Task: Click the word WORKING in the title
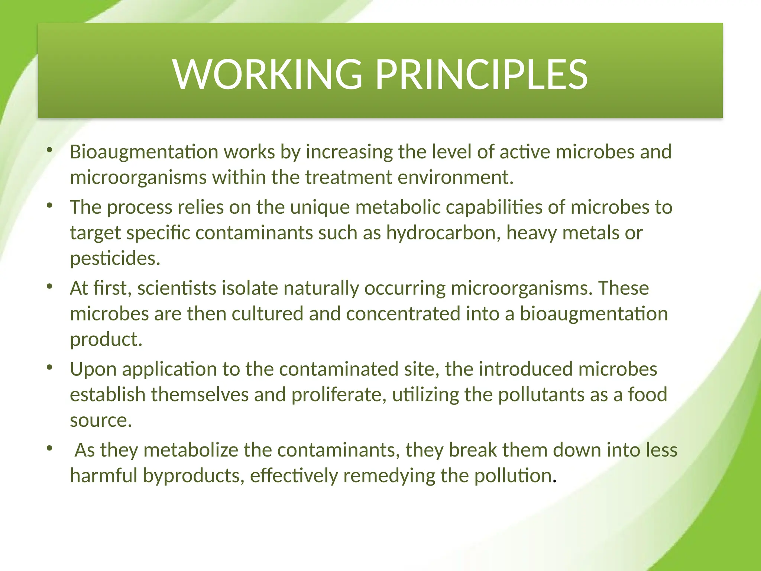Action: point(267,75)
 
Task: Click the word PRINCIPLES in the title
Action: point(481,75)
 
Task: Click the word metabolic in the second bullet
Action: point(398,207)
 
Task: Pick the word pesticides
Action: point(115,258)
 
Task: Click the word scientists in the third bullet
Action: point(177,288)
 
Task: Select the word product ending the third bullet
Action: point(106,339)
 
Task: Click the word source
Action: point(101,420)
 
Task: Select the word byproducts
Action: point(193,476)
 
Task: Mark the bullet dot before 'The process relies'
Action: point(50,206)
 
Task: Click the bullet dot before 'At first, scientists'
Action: point(50,287)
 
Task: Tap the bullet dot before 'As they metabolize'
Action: point(50,448)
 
